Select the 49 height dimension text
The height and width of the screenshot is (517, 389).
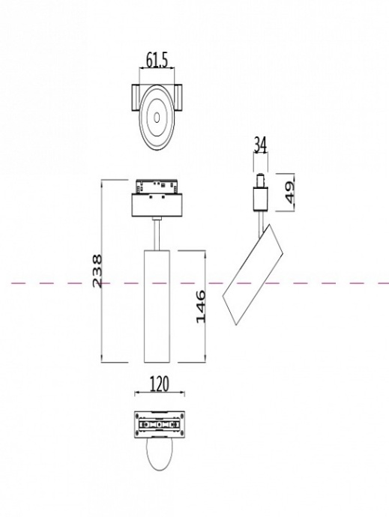289,191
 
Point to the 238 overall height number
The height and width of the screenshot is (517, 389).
97,271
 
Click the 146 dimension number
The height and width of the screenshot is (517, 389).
201,307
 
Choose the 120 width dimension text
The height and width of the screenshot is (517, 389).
159,385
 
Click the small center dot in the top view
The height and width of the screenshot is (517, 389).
157,115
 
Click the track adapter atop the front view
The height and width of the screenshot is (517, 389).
157,187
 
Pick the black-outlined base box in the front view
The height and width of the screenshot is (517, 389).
157,205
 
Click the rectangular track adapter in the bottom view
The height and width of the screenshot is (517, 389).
158,425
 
